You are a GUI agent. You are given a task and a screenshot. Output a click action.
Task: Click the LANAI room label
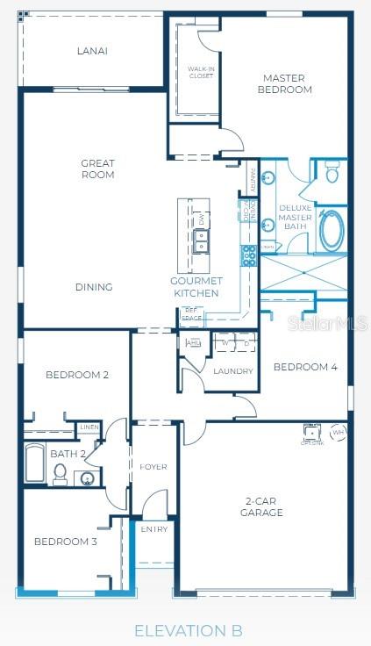click(x=92, y=51)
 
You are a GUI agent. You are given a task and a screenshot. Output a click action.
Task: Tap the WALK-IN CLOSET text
click(x=201, y=72)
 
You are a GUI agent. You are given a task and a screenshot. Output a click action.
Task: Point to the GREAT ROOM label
click(x=97, y=169)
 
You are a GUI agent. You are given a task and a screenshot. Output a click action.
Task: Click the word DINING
click(x=94, y=287)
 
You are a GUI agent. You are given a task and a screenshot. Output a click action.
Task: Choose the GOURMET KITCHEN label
click(x=195, y=287)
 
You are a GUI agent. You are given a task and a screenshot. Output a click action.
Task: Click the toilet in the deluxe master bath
click(x=332, y=174)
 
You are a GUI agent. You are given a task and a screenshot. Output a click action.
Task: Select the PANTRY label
click(x=253, y=179)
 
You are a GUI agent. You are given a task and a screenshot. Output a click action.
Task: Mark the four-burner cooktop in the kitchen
click(x=249, y=255)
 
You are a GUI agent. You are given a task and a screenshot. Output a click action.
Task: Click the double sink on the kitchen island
click(x=200, y=233)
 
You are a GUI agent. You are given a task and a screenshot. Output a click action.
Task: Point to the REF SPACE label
click(x=192, y=313)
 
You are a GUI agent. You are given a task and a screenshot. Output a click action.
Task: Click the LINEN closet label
click(x=89, y=427)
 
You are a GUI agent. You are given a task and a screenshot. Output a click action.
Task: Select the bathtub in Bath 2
click(x=35, y=463)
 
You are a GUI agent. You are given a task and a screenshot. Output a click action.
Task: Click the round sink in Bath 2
click(x=86, y=478)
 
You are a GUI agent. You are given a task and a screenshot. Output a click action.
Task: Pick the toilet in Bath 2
click(x=61, y=473)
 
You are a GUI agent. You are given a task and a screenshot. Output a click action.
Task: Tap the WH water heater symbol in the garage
click(x=338, y=432)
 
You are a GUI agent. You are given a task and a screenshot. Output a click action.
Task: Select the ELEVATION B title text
click(x=188, y=629)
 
